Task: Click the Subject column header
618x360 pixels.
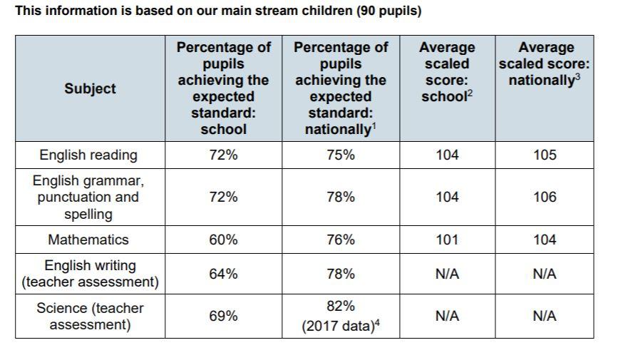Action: pyautogui.click(x=90, y=88)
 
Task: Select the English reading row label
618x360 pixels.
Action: pyautogui.click(x=88, y=155)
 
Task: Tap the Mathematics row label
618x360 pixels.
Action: pyautogui.click(x=88, y=240)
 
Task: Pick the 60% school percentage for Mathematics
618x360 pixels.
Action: pyautogui.click(x=223, y=240)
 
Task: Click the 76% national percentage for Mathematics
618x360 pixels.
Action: pyautogui.click(x=340, y=240)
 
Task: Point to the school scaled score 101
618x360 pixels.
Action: pyautogui.click(x=447, y=240)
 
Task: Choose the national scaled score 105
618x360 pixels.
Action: pyautogui.click(x=545, y=155)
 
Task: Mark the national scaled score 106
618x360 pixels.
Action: pyautogui.click(x=545, y=197)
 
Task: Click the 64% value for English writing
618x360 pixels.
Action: pyautogui.click(x=223, y=274)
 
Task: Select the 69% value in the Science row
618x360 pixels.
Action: pyautogui.click(x=223, y=316)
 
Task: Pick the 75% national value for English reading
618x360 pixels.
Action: pyautogui.click(x=340, y=155)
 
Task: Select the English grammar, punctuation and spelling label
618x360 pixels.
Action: pyautogui.click(x=88, y=197)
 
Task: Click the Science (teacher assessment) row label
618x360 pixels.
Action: pyautogui.click(x=90, y=317)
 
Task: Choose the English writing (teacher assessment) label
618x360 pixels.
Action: pyautogui.click(x=90, y=274)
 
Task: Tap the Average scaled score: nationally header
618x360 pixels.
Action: pyautogui.click(x=545, y=64)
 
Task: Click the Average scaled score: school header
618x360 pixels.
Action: pyautogui.click(x=447, y=72)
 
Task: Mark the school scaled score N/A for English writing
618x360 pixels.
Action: pyautogui.click(x=447, y=274)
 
